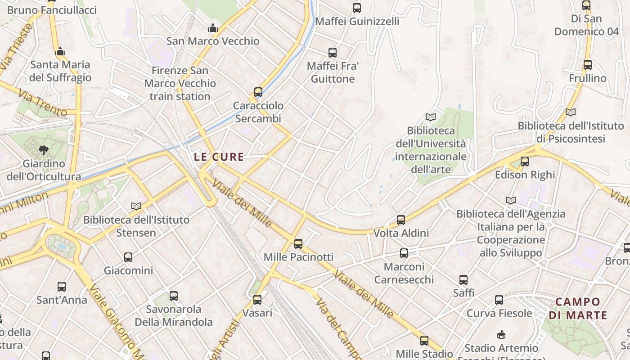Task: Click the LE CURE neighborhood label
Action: tap(219, 157)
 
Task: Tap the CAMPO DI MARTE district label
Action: tap(578, 308)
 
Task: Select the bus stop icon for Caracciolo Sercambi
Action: tap(258, 92)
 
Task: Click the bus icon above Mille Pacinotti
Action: tap(298, 244)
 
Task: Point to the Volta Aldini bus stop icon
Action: tap(401, 220)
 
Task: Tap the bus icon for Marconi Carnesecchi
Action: tap(404, 253)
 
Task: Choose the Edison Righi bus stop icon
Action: tap(525, 162)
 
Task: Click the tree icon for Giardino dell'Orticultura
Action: tap(44, 150)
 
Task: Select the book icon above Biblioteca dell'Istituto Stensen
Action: tap(136, 207)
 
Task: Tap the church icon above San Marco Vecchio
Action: tap(213, 28)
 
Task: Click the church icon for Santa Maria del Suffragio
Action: tap(60, 52)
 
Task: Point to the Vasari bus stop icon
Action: tap(257, 299)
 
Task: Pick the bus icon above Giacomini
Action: tap(128, 257)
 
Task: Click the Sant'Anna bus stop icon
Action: tap(62, 286)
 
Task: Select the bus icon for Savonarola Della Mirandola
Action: tap(174, 296)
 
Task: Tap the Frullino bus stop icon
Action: tap(588, 65)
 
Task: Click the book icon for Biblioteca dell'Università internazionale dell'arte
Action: tap(431, 117)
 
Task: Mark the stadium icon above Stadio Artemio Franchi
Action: tap(501, 335)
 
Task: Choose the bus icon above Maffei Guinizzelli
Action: tap(357, 8)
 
